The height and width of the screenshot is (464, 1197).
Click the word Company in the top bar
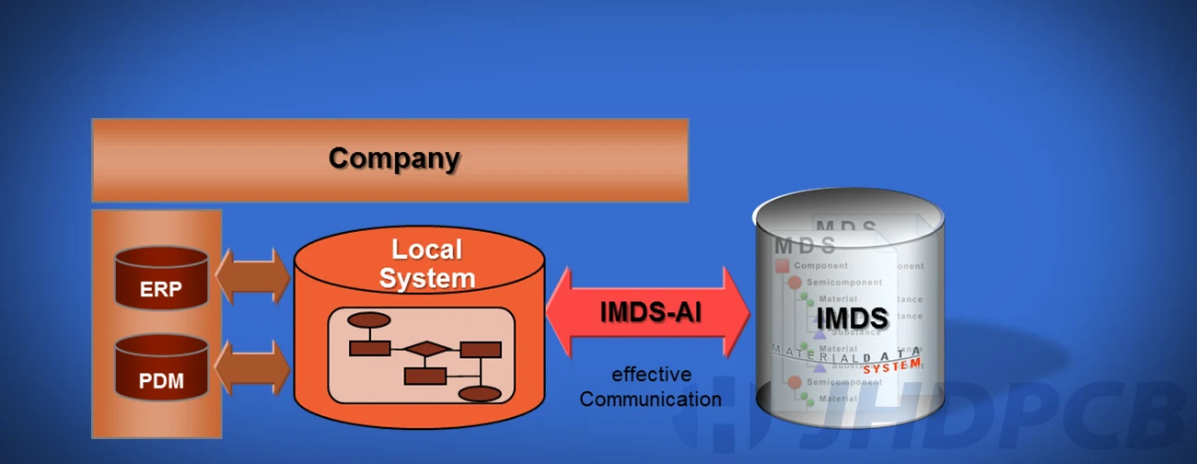coord(394,158)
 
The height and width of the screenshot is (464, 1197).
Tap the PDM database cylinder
coord(161,369)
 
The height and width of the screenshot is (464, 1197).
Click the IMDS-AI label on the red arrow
coord(650,312)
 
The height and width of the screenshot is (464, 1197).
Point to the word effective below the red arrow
coord(651,375)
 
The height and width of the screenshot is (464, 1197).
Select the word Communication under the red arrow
coord(650,399)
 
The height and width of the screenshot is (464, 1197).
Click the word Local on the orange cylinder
coord(426,249)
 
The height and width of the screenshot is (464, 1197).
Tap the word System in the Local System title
coord(427,278)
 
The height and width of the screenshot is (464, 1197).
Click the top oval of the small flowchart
coord(368,320)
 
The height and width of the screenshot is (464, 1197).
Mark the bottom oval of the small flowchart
coord(479,394)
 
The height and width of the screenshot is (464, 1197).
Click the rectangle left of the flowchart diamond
coord(369,348)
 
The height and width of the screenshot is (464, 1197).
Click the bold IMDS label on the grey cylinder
coord(852,319)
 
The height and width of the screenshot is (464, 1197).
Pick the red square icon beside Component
coord(782,266)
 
